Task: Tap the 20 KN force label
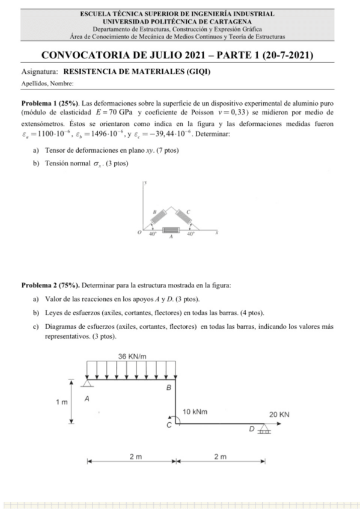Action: coord(279,414)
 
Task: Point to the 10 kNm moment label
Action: coord(195,412)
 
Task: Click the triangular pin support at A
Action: coord(88,383)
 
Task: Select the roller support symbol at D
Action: coord(264,429)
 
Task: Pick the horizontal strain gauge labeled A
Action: coord(171,230)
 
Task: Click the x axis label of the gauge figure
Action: coord(216,231)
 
